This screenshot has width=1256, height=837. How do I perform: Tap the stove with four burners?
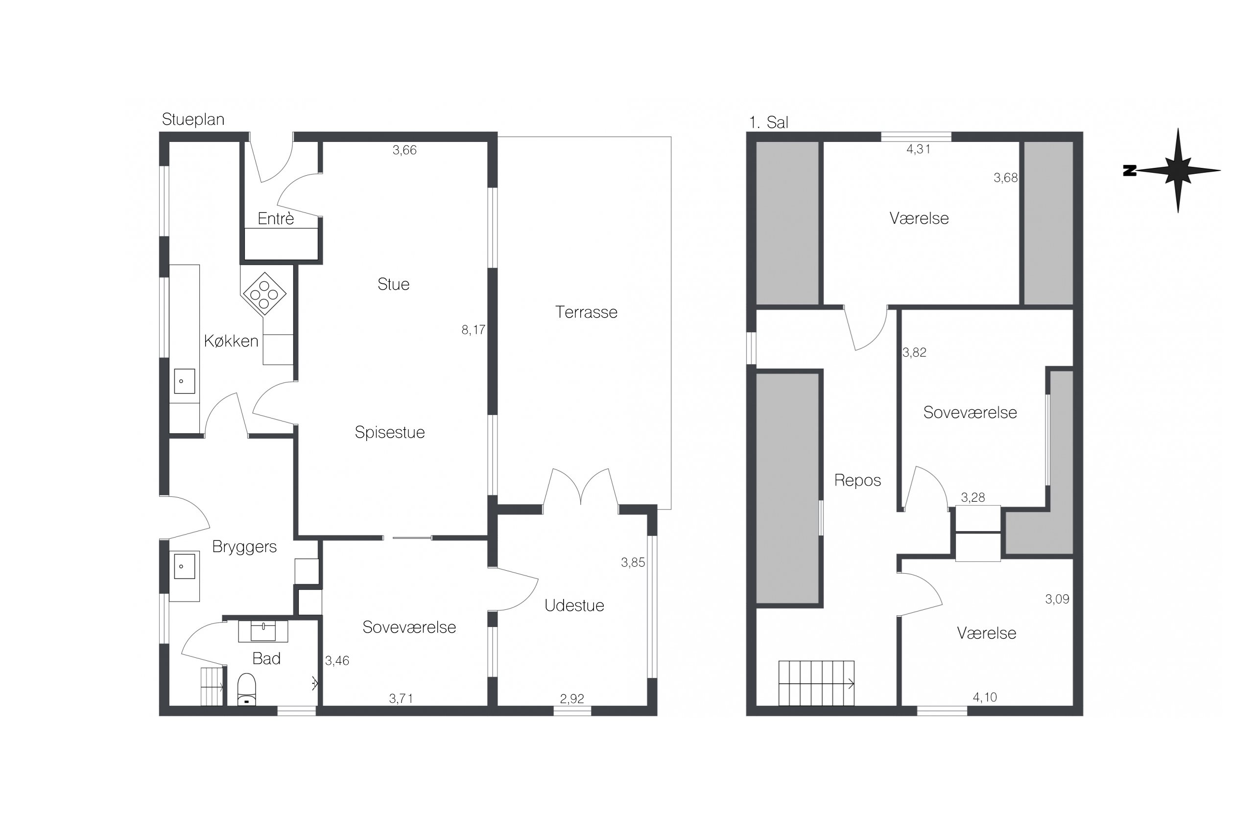264,294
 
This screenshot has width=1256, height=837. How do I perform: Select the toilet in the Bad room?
246,689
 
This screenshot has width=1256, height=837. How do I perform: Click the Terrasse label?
586,312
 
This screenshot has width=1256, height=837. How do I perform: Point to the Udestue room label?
574,605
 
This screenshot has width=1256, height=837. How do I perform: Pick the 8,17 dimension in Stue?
473,330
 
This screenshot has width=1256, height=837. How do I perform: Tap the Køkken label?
231,341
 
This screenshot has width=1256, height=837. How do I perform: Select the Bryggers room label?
244,547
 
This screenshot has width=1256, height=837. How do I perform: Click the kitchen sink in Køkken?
184,381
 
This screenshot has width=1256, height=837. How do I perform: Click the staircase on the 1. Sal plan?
816,683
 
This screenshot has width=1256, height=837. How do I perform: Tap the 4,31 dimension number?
918,149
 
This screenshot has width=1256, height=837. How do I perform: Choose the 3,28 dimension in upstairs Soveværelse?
972,497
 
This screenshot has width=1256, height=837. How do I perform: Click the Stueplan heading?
193,119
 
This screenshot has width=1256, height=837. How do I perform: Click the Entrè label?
276,218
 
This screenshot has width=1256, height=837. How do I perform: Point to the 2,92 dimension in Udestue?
571,699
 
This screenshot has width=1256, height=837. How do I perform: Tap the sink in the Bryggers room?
184,566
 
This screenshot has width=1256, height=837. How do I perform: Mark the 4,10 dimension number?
985,697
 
